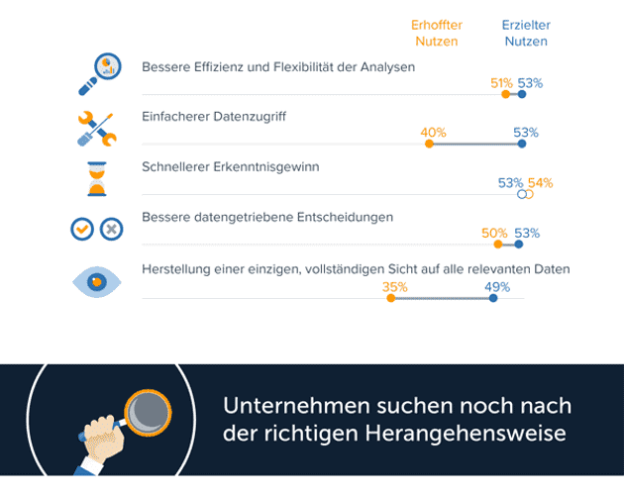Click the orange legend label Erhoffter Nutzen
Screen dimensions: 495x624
(x=437, y=33)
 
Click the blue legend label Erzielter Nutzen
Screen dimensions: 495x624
(x=526, y=33)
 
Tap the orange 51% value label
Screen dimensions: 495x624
(x=501, y=83)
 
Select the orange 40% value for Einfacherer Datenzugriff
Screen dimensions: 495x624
(x=433, y=133)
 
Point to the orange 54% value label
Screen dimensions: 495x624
(x=540, y=183)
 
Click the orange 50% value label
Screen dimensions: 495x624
(x=494, y=234)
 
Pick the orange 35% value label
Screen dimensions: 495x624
(x=395, y=287)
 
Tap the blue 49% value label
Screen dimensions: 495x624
(x=497, y=287)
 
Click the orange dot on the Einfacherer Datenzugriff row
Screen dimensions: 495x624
(x=429, y=145)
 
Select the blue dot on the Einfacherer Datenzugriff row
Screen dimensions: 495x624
(x=522, y=145)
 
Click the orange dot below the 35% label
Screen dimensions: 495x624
(x=391, y=298)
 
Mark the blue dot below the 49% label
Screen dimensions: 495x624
(x=493, y=298)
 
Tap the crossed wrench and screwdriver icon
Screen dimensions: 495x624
(x=97, y=127)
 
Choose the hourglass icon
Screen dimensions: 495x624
(x=96, y=178)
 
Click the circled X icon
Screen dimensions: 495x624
(x=112, y=229)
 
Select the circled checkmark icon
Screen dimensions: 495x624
(x=82, y=229)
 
